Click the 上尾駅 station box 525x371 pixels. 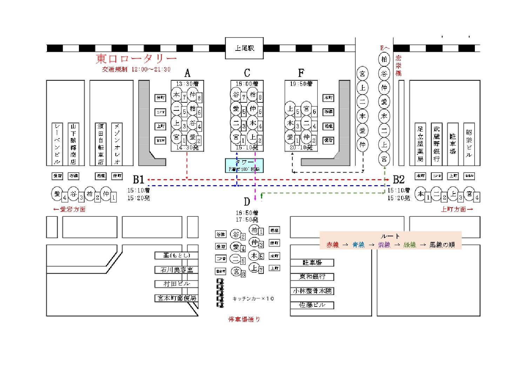244,48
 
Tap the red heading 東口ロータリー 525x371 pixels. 136,59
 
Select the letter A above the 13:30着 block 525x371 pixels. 187,73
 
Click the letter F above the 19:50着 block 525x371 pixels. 301,73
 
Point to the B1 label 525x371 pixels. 139,180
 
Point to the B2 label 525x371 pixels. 399,180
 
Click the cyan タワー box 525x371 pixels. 244,166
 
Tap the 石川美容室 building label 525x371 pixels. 176,270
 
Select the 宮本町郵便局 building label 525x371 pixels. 176,298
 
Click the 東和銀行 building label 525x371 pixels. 312,277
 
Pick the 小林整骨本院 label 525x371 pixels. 312,291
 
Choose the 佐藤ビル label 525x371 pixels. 312,305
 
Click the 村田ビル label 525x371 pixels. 176,284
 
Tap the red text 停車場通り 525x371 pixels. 244,319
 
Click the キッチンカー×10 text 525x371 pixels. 253,298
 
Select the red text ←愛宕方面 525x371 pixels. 69,209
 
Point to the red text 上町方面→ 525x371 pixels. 457,209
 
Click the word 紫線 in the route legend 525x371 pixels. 384,245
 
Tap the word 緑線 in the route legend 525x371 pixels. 410,245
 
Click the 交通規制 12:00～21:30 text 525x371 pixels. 136,69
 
